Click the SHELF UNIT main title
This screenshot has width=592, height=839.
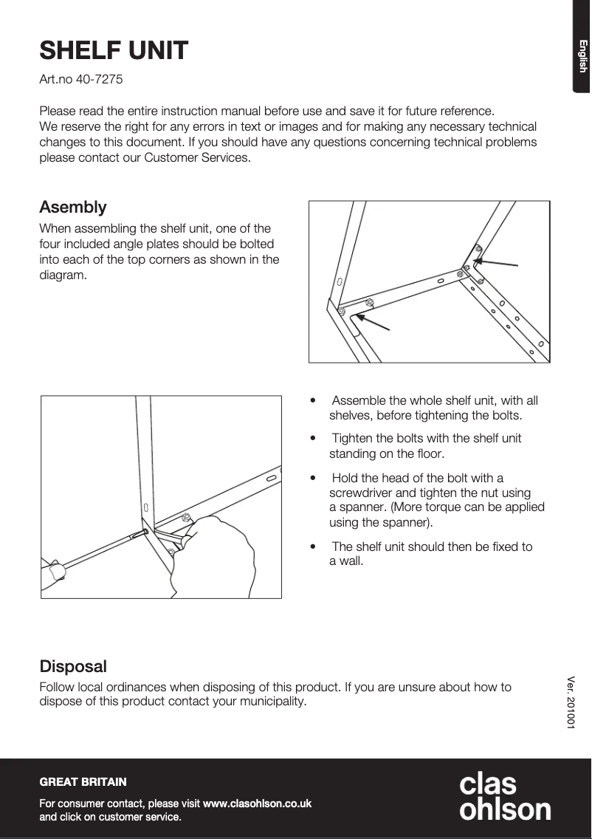[114, 51]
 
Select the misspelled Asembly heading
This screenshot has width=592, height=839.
[72, 207]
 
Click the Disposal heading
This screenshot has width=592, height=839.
[72, 666]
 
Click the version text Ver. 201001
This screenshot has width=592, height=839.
[571, 702]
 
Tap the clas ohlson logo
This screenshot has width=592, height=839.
[504, 796]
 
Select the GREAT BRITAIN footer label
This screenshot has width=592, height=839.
[83, 781]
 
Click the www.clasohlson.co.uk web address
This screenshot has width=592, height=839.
[257, 803]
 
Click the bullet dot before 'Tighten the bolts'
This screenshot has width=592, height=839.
[314, 439]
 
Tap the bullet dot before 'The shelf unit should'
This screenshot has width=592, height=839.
[314, 547]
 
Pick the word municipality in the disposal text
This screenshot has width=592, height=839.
[271, 701]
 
